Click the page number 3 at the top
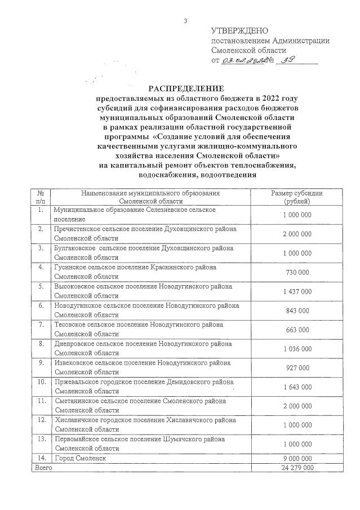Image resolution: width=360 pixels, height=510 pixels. [185, 21]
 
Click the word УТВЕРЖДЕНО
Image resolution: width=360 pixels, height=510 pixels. [239, 30]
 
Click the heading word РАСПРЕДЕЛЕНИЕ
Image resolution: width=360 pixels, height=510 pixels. [186, 89]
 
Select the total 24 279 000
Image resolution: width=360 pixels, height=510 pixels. [296, 468]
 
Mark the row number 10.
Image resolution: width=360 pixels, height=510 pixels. [41, 382]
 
